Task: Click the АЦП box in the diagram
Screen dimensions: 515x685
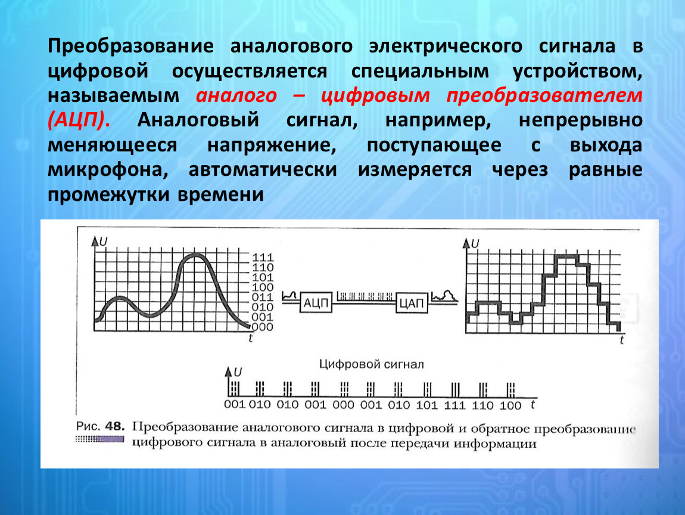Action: click(316, 303)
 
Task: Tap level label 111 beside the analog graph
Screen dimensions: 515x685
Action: click(263, 257)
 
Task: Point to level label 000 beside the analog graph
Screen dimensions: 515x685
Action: click(263, 327)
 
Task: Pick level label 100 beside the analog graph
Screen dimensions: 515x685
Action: click(263, 287)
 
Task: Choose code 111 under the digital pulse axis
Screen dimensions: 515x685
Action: click(454, 405)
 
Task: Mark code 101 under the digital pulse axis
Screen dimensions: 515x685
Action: click(426, 405)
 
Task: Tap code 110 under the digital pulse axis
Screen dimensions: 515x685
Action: click(482, 405)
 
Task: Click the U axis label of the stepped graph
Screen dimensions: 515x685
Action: click(475, 243)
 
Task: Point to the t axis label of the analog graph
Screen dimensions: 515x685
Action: click(251, 338)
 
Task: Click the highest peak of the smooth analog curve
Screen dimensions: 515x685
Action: click(194, 256)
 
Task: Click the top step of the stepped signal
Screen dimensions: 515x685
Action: click(566, 256)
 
